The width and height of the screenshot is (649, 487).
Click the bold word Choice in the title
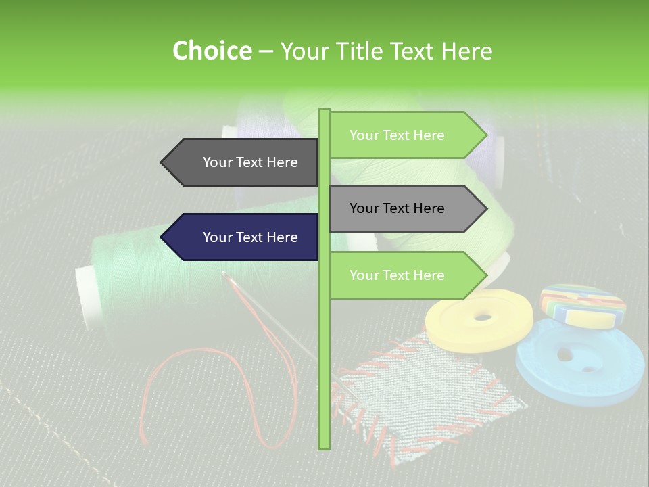212,51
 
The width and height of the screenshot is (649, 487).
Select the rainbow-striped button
582,304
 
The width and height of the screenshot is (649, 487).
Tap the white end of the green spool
87,298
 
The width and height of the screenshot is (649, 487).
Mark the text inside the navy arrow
250,237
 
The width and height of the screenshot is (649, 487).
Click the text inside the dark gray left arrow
250,162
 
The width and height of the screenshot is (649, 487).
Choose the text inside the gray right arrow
397,208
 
